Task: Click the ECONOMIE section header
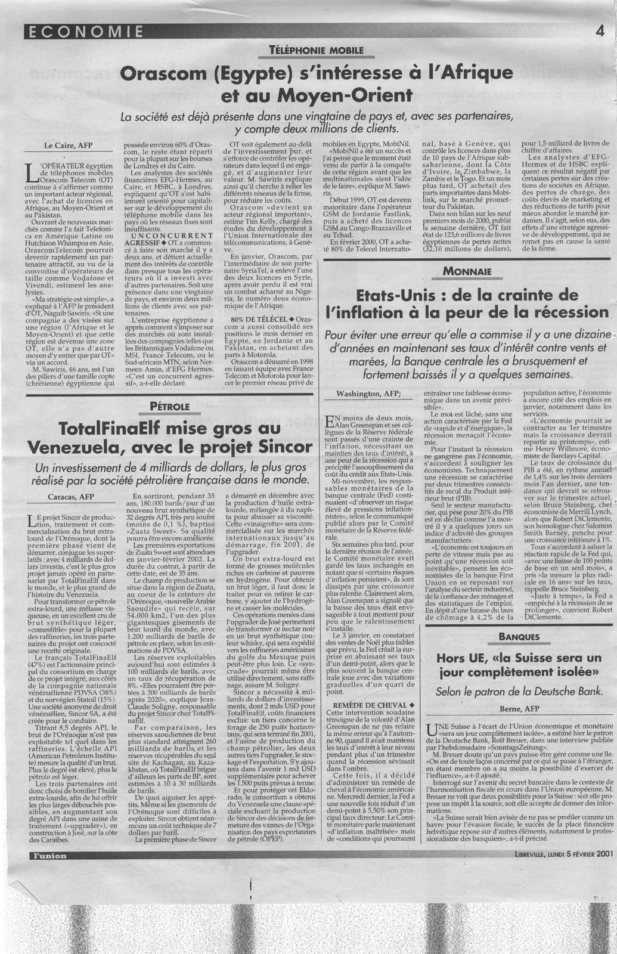click(x=84, y=32)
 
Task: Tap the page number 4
click(x=600, y=32)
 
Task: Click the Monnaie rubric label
click(x=467, y=272)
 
